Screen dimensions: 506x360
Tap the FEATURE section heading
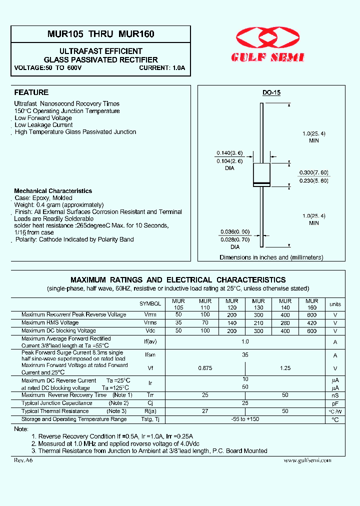pos(31,92)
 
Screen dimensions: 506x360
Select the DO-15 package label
pos(271,93)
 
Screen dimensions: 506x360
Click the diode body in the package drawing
pos(262,175)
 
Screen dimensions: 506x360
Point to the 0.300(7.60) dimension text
pos(313,172)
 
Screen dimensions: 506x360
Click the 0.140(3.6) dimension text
pos(229,153)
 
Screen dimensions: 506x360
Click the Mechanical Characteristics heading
pos(53,191)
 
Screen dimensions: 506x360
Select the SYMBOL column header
pos(150,304)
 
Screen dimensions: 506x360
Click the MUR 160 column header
pos(311,304)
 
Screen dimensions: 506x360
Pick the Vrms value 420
pos(311,323)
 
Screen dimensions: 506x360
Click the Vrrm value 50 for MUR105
pos(178,315)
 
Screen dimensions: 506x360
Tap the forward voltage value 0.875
pos(205,368)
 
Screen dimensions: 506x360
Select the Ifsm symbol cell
pos(150,355)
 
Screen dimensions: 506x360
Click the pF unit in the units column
pos(335,403)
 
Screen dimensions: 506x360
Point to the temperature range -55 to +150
pos(245,419)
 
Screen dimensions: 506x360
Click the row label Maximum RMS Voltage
pos(50,323)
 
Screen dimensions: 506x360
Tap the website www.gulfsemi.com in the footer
pos(307,460)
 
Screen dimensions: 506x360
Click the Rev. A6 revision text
pos(23,460)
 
